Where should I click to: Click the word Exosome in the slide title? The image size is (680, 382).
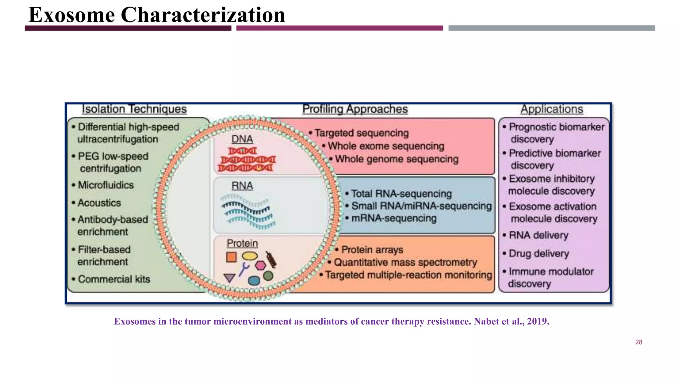[x=71, y=15]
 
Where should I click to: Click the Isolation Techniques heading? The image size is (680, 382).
[x=134, y=109]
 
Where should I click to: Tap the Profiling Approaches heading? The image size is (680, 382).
[x=355, y=109]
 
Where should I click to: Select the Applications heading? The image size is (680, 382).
[x=552, y=109]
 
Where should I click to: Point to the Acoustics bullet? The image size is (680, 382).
[x=99, y=203]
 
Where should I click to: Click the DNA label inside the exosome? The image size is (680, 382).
[x=242, y=139]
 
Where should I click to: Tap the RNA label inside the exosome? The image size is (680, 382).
[x=242, y=186]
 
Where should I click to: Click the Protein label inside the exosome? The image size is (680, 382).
[x=242, y=243]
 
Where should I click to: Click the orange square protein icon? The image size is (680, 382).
[x=231, y=257]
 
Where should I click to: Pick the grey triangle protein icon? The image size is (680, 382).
[x=229, y=278]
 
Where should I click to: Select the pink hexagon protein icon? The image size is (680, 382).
[x=260, y=265]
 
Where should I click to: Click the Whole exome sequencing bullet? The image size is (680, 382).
[x=385, y=146]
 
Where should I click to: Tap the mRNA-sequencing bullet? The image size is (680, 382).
[x=393, y=218]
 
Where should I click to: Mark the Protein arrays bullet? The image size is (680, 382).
[x=372, y=249]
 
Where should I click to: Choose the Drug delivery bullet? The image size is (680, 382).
[x=539, y=254]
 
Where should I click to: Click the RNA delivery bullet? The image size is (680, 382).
[x=538, y=235]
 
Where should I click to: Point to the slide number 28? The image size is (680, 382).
[x=638, y=342]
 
